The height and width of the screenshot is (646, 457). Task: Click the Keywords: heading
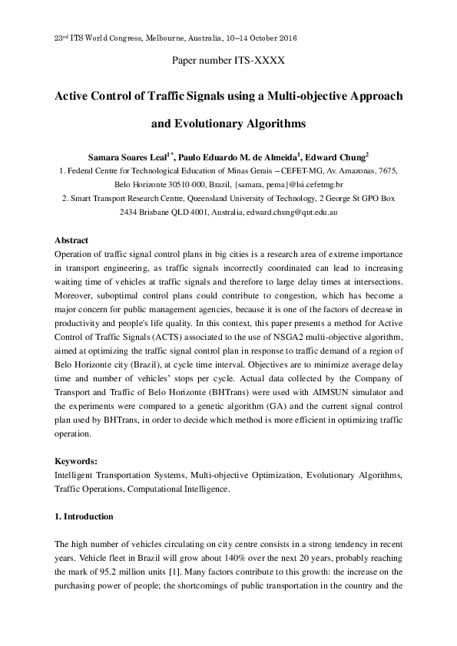tap(77, 462)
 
